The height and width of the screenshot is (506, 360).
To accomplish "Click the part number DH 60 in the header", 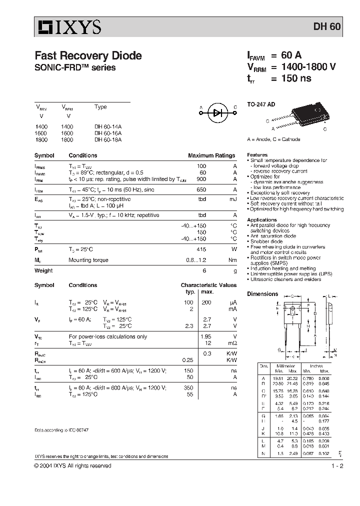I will click(x=327, y=27).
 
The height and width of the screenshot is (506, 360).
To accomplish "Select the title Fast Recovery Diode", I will click(x=88, y=56).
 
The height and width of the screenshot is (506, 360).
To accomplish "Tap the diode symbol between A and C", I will click(x=217, y=113).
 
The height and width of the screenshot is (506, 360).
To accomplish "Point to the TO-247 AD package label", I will click(x=261, y=105).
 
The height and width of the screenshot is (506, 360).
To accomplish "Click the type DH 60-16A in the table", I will click(x=107, y=133).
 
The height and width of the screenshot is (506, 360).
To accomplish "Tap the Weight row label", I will click(x=43, y=270).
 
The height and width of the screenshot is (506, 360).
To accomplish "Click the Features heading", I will click(x=257, y=155).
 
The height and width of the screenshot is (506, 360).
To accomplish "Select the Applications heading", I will click(x=261, y=219).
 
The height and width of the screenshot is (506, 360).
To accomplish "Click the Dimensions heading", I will click(x=262, y=294).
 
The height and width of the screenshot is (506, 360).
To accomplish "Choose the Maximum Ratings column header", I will click(x=211, y=155).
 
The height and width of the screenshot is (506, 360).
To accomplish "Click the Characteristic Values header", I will click(x=208, y=285).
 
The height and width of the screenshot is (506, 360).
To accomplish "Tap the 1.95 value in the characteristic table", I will click(x=205, y=336).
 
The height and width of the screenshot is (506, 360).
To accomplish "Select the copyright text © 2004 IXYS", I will click(x=72, y=465).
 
